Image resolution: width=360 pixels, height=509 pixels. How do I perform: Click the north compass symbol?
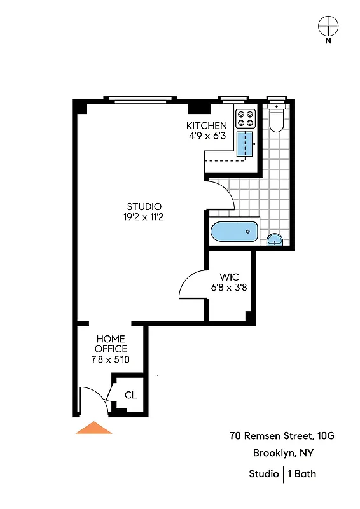coord(328,27)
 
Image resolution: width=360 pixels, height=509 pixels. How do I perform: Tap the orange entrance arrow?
coord(93,428)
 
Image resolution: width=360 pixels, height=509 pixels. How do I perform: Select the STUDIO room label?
coord(144,206)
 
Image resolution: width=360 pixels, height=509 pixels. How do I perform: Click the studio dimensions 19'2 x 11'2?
coord(144,217)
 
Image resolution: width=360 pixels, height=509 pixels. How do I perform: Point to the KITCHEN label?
coord(206,125)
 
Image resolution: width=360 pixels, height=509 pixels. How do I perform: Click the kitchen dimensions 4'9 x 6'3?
coord(206,136)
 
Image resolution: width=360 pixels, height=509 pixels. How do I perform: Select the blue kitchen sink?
coord(244,144)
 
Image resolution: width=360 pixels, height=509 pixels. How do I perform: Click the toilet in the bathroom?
coord(277,118)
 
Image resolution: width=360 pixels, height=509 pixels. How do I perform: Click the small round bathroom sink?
coord(275,239)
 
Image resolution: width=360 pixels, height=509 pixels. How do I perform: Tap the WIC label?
coord(229,277)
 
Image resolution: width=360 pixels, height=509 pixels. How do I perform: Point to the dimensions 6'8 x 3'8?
coord(229,287)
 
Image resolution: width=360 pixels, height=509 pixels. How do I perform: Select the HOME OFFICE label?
coord(111,344)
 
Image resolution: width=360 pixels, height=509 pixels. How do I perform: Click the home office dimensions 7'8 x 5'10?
coord(111,359)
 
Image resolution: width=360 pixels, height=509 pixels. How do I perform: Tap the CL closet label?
coord(130,395)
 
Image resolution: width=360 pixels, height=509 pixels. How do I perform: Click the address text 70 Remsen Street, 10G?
coord(282,436)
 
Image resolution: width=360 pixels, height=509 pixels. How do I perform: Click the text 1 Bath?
coord(302,473)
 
